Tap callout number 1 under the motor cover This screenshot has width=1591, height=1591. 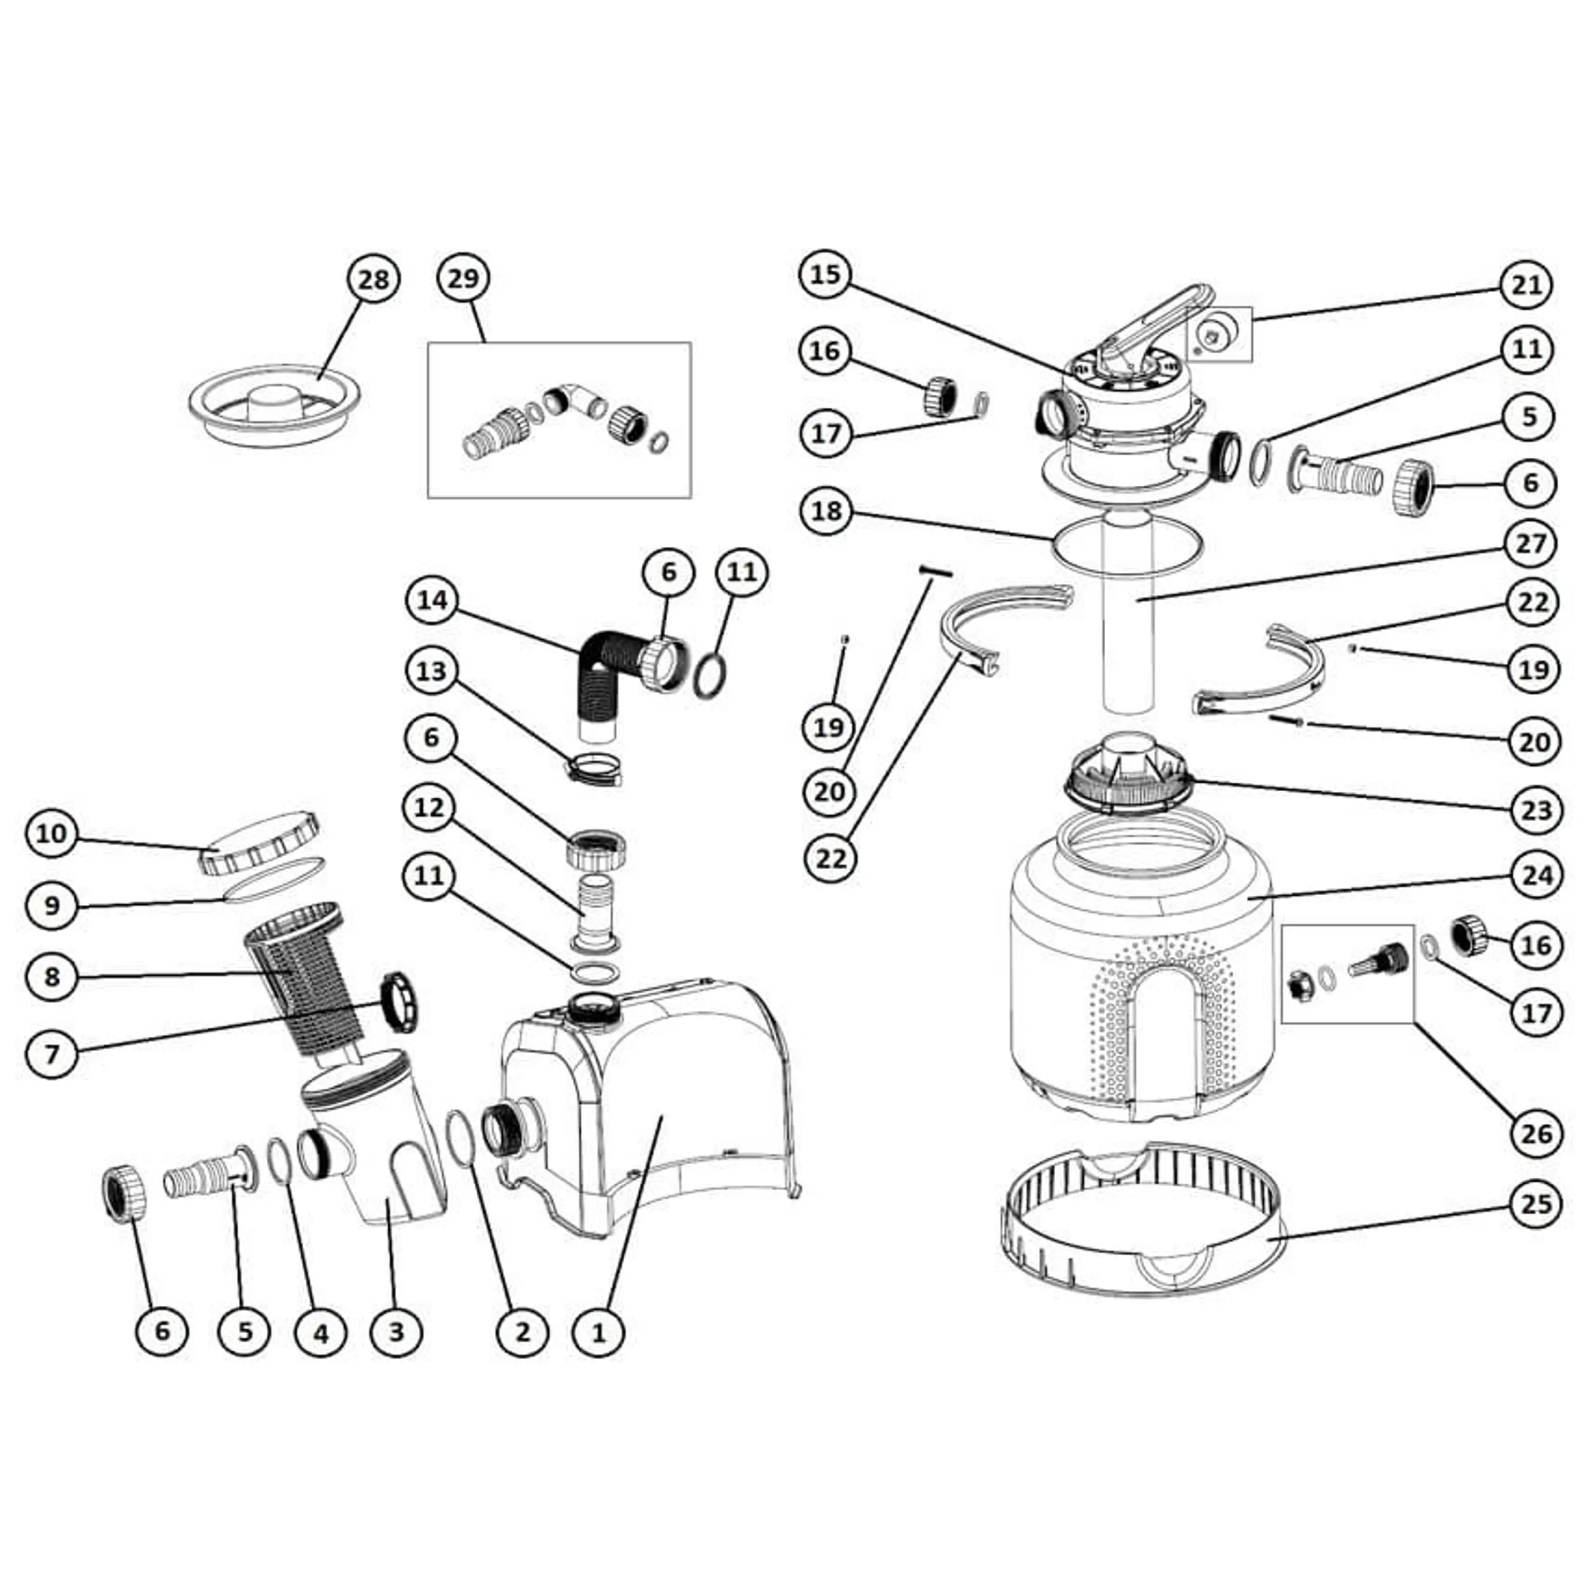pyautogui.click(x=599, y=1332)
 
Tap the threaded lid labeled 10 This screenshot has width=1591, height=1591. pyautogui.click(x=259, y=844)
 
